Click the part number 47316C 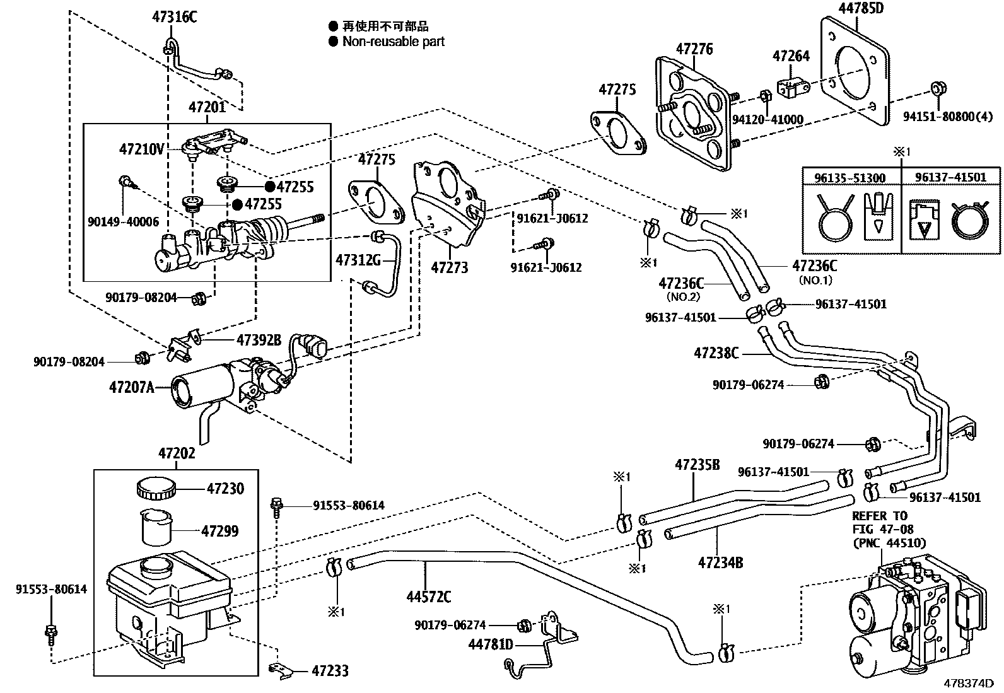point(175,17)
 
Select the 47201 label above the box point(207,108)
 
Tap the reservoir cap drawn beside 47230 point(154,489)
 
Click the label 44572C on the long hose point(428,596)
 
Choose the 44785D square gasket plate point(855,69)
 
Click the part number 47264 point(791,56)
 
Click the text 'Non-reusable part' point(393,42)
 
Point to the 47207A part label point(131,387)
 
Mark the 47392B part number point(259,340)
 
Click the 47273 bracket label point(449,267)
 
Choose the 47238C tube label point(716,353)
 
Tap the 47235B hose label point(697,465)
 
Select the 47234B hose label point(720,561)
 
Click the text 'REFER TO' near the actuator point(879,516)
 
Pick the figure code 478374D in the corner point(969,684)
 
